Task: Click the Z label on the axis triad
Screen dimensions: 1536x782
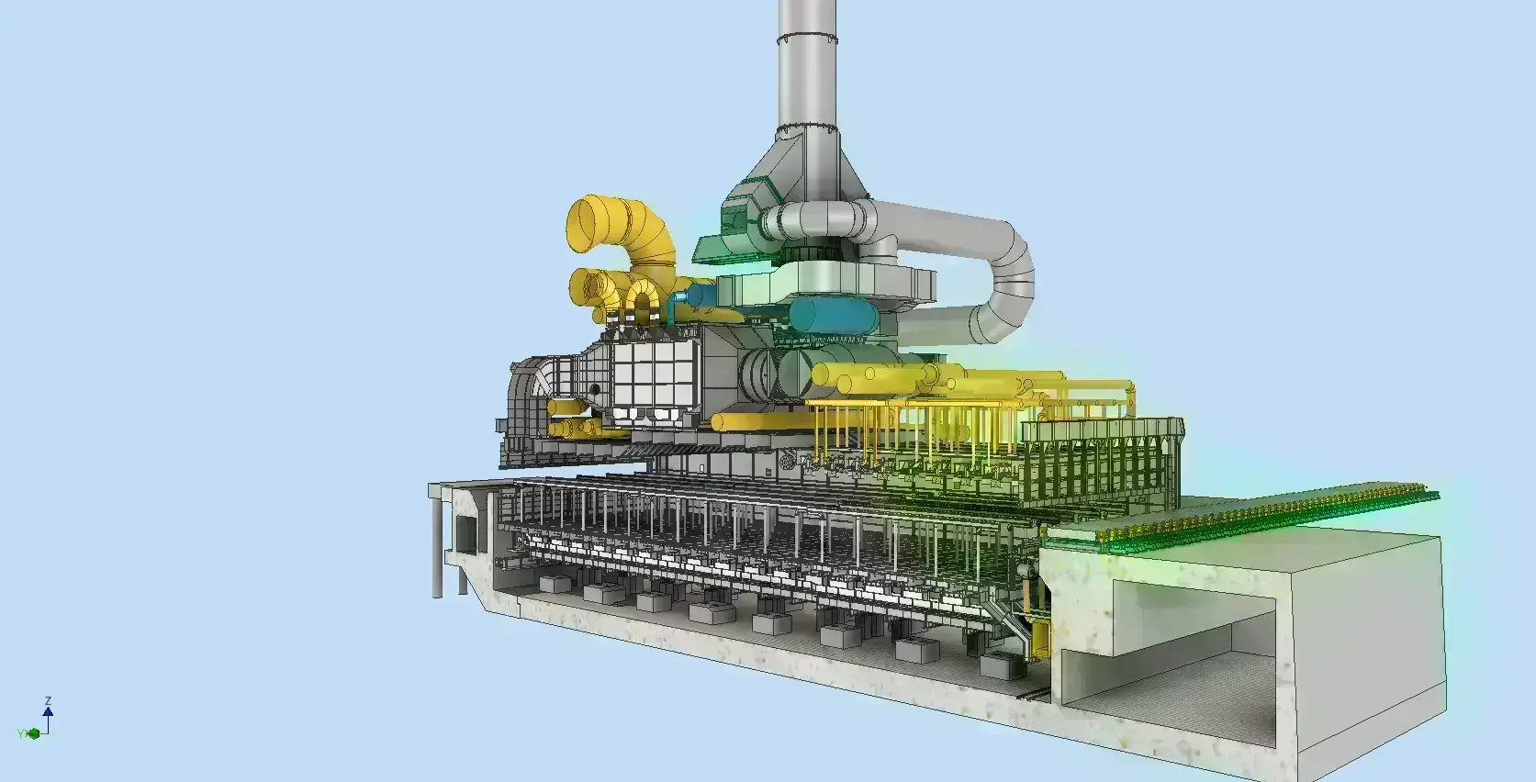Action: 48,701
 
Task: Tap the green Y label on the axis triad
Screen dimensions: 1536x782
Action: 20,734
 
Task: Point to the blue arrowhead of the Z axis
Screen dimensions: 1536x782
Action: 48,712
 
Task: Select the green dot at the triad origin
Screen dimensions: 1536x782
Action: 33,734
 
